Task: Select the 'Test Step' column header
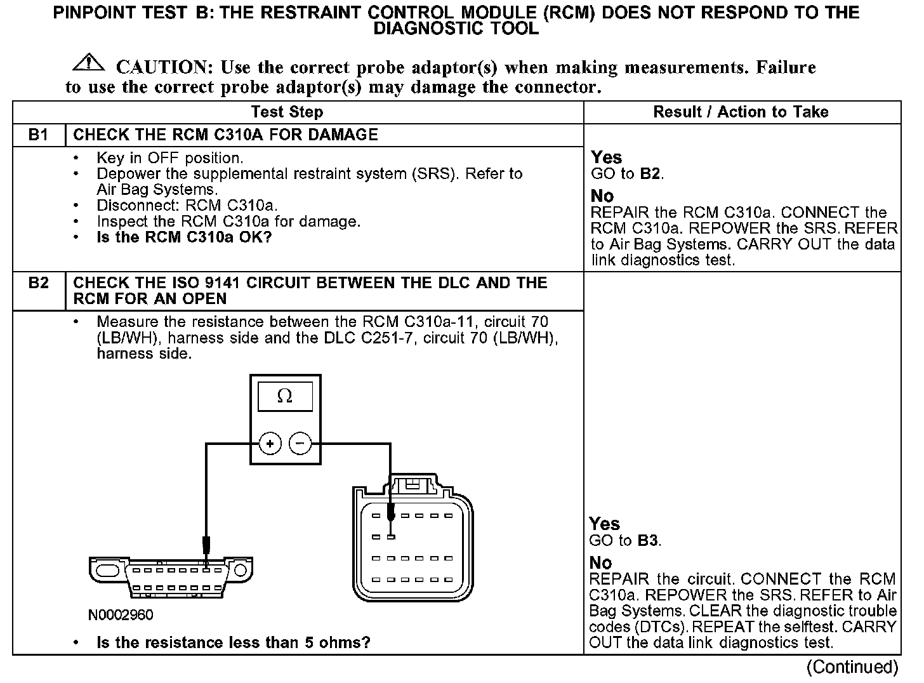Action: pyautogui.click(x=287, y=112)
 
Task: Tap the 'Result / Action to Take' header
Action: pyautogui.click(x=741, y=112)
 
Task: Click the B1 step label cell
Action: pyautogui.click(x=39, y=135)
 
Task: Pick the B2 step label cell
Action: pyautogui.click(x=39, y=283)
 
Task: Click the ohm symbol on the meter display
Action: pyautogui.click(x=285, y=397)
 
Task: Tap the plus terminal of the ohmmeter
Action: pyautogui.click(x=270, y=443)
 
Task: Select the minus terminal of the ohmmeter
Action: pyautogui.click(x=300, y=443)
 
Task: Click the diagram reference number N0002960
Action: pyautogui.click(x=121, y=614)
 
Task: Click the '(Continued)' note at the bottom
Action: pyautogui.click(x=852, y=667)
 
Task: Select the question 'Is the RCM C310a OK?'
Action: pyautogui.click(x=184, y=237)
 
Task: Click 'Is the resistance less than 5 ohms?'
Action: pyautogui.click(x=233, y=642)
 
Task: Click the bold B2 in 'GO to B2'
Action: pyautogui.click(x=650, y=174)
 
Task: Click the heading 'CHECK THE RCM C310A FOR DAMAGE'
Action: pyautogui.click(x=225, y=135)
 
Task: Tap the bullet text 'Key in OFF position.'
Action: pyautogui.click(x=169, y=158)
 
